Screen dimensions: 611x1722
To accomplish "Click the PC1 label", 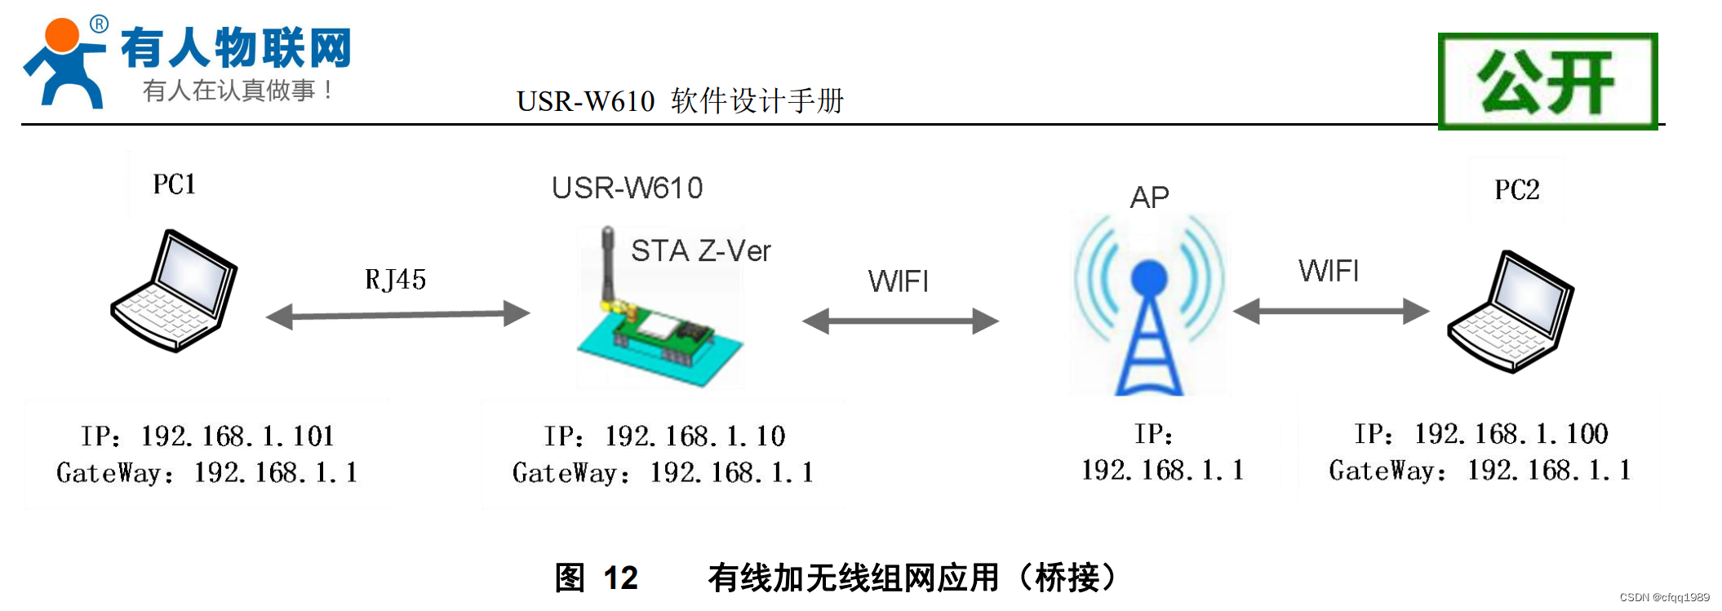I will (x=174, y=184).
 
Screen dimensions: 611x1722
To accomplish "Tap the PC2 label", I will (x=1516, y=190).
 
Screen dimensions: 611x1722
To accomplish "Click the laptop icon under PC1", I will (x=175, y=291).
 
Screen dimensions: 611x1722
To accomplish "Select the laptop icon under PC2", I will (x=1511, y=312).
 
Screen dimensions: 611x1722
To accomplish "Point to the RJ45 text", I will (x=395, y=280).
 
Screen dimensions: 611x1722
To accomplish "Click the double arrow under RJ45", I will (x=398, y=314).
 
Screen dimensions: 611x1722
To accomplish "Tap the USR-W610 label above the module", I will (x=627, y=188).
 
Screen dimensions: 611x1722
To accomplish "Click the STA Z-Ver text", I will (x=700, y=251).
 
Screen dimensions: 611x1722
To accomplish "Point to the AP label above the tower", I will (x=1149, y=197).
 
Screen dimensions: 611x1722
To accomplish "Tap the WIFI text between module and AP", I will (x=898, y=282).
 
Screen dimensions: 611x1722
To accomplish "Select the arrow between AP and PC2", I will (x=1330, y=311).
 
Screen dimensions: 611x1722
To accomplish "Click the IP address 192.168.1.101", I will (x=237, y=436).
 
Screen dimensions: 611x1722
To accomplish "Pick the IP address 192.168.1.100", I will (x=1511, y=434).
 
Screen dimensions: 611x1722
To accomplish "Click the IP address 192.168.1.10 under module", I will (x=695, y=436).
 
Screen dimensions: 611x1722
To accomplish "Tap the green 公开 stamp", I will (x=1547, y=82).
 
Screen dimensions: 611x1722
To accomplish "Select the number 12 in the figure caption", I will (x=620, y=578).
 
